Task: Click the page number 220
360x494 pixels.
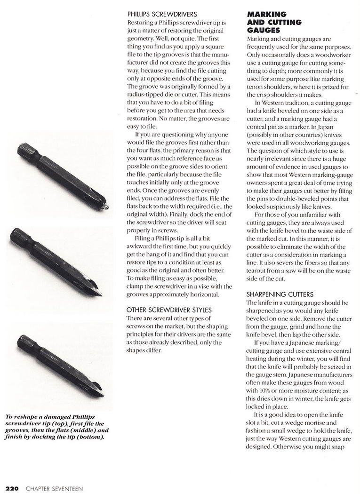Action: click(11, 488)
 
